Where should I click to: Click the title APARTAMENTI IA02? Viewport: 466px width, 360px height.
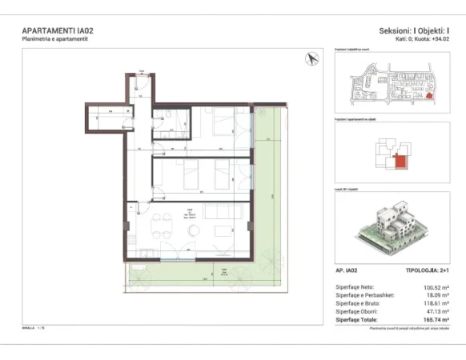[55, 31]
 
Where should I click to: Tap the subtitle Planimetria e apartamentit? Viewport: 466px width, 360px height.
[54, 39]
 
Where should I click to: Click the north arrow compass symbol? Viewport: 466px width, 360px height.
[311, 58]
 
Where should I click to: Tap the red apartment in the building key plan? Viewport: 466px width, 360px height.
[400, 163]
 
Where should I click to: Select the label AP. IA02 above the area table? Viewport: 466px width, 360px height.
[351, 272]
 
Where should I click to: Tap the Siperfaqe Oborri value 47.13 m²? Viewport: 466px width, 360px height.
[436, 311]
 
